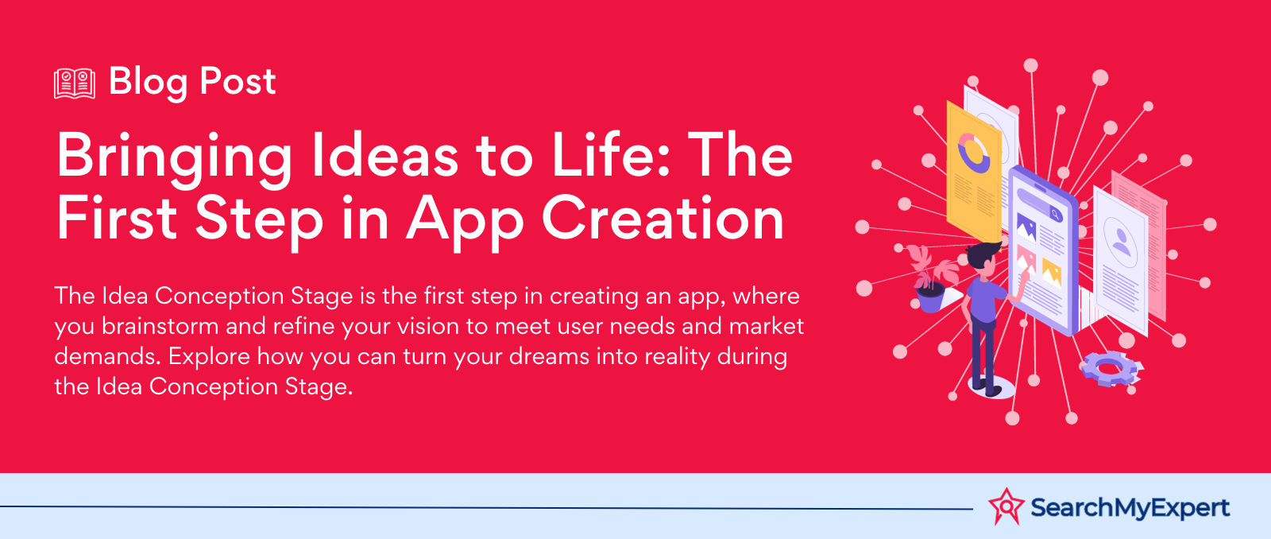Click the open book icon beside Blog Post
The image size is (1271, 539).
click(x=75, y=83)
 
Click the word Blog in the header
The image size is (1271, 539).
click(x=148, y=83)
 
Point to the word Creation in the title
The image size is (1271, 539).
click(x=663, y=218)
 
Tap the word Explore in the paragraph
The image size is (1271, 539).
click(x=209, y=357)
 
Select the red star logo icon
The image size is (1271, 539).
click(x=1006, y=506)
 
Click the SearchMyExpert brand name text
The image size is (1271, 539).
click(x=1130, y=508)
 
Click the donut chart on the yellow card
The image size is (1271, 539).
click(x=973, y=153)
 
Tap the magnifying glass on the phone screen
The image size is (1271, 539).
click(x=1055, y=214)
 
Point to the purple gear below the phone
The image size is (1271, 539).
click(x=1109, y=368)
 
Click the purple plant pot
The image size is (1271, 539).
click(x=930, y=297)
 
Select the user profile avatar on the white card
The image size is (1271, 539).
click(x=1121, y=242)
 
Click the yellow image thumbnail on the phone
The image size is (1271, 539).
click(x=1052, y=272)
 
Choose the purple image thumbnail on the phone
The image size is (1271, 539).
click(x=1026, y=228)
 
